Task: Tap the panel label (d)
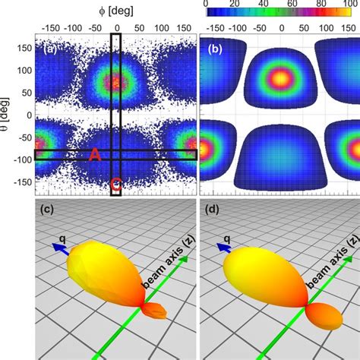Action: click(x=210, y=209)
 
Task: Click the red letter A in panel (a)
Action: click(x=95, y=154)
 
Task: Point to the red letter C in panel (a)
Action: click(x=115, y=183)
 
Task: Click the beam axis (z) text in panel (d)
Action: click(x=327, y=262)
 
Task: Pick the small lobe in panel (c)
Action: click(x=158, y=310)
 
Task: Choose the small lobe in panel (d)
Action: click(x=327, y=314)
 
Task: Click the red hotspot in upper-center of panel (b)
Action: click(x=280, y=77)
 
